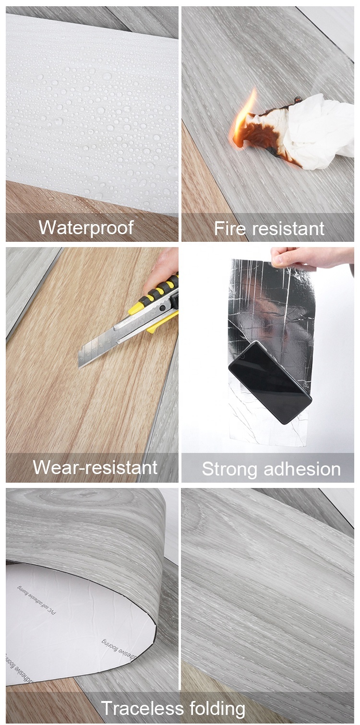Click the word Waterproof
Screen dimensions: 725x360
pyautogui.click(x=86, y=227)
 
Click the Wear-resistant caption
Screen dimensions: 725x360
pyautogui.click(x=95, y=467)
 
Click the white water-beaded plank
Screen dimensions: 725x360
pyautogui.click(x=91, y=106)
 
